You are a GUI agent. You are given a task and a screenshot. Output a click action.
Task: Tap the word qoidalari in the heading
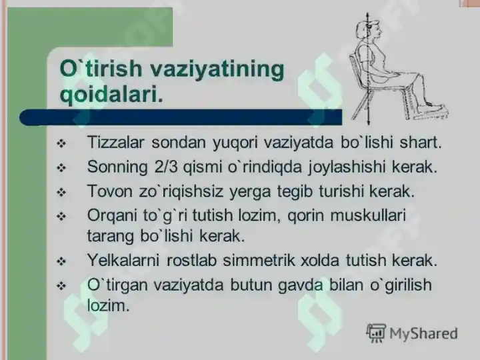pyautogui.click(x=111, y=94)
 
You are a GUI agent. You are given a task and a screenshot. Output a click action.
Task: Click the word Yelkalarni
pyautogui.click(x=125, y=260)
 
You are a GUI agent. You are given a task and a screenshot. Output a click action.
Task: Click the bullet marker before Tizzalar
pyautogui.click(x=62, y=143)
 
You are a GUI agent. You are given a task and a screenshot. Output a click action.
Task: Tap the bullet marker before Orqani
pyautogui.click(x=62, y=216)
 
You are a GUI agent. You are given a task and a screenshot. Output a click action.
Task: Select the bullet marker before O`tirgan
pyautogui.click(x=62, y=285)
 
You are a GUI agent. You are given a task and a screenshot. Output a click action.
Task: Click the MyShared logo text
pyautogui.click(x=424, y=333)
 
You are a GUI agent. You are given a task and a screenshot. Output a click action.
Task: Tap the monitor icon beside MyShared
pyautogui.click(x=376, y=332)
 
